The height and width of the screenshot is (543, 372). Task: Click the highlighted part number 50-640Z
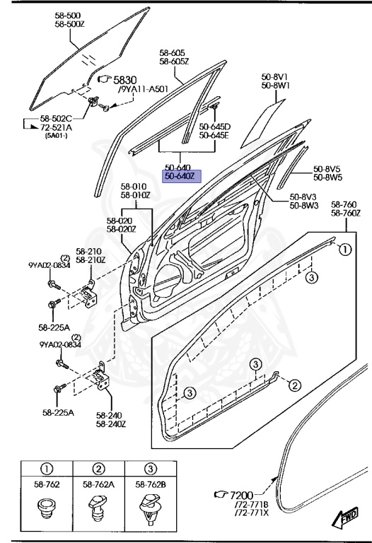pos(182,176)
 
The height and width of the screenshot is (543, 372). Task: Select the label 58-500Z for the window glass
pos(69,24)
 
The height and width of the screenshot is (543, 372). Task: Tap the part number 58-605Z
pos(174,62)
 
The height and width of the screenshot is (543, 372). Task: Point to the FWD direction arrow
pos(345,518)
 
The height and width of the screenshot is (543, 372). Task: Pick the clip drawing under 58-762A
pos(98,508)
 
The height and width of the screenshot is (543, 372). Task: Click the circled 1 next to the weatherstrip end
pos(344,250)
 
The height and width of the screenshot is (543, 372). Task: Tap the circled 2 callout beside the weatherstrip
pos(294,385)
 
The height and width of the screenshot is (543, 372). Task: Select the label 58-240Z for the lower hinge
pos(111,424)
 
